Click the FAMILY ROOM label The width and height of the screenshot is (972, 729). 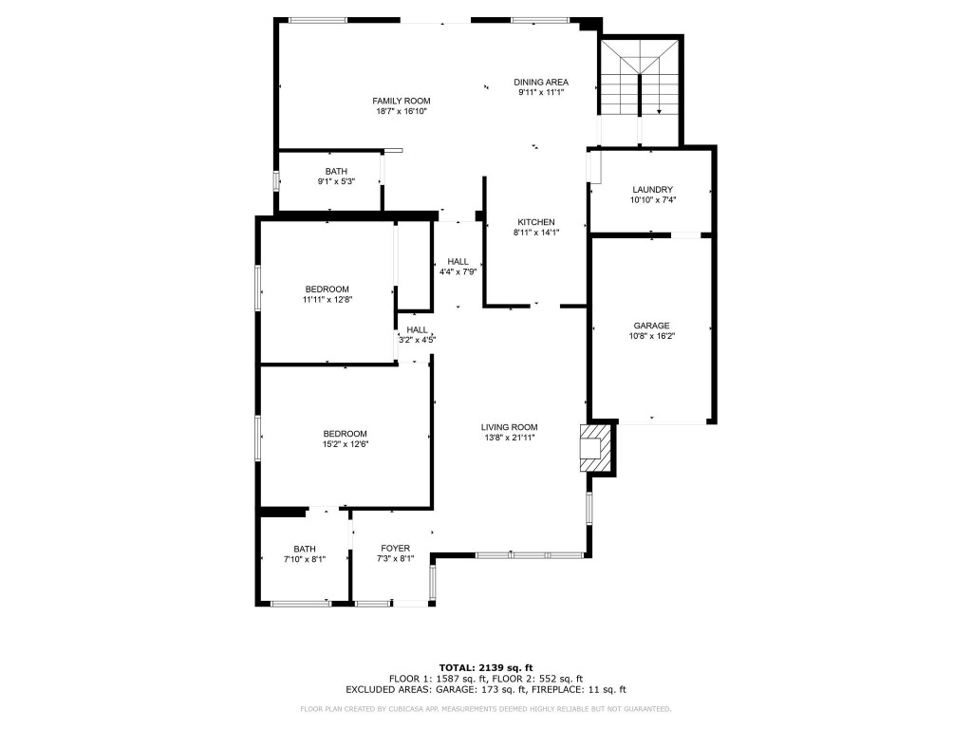pyautogui.click(x=401, y=101)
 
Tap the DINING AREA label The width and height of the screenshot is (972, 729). pyautogui.click(x=541, y=83)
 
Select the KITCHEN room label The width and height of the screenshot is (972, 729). pyautogui.click(x=535, y=222)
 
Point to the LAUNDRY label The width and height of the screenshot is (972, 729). pyautogui.click(x=652, y=190)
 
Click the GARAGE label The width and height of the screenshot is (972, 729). pyautogui.click(x=652, y=326)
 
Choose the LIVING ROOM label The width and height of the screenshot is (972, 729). pyautogui.click(x=509, y=427)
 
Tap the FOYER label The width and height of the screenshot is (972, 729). pyautogui.click(x=395, y=549)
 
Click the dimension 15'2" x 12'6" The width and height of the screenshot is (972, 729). pyautogui.click(x=345, y=444)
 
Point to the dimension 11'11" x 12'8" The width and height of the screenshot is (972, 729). pyautogui.click(x=327, y=300)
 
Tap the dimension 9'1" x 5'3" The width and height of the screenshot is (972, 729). pyautogui.click(x=336, y=181)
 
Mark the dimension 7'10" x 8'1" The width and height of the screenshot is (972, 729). pyautogui.click(x=305, y=559)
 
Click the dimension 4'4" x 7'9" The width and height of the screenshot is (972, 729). pyautogui.click(x=458, y=271)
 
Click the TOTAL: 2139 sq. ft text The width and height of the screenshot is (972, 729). pyautogui.click(x=485, y=667)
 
